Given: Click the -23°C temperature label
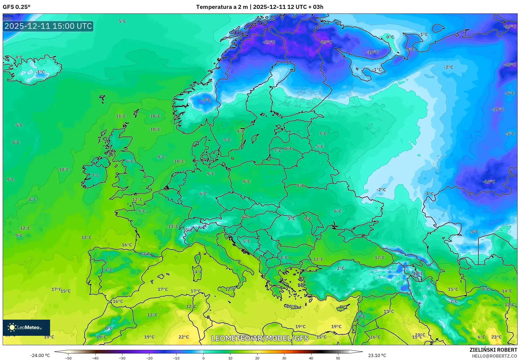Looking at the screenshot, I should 326,42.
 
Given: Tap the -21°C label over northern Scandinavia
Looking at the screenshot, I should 269,42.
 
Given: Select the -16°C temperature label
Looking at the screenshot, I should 489,182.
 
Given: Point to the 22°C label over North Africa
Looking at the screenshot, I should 184,337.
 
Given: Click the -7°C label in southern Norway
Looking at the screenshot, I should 206,100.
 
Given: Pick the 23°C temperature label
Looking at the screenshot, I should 496,337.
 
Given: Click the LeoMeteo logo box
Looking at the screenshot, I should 26,327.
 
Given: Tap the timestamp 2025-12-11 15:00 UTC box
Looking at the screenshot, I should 48,26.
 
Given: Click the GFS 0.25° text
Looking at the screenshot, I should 16,7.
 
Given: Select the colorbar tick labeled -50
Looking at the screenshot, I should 68,358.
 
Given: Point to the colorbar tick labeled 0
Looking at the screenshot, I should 203,358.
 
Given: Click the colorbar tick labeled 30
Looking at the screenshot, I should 284,358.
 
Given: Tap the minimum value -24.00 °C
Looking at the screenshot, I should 40,355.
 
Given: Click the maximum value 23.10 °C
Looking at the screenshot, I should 377,355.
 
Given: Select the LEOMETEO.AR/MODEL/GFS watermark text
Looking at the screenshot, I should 260,338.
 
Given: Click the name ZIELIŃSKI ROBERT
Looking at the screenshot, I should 493,350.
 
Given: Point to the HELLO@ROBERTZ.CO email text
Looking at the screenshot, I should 494,356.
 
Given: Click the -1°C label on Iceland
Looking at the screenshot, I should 40,72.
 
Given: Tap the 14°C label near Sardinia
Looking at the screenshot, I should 197,272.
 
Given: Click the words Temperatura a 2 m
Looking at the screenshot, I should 222,7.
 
